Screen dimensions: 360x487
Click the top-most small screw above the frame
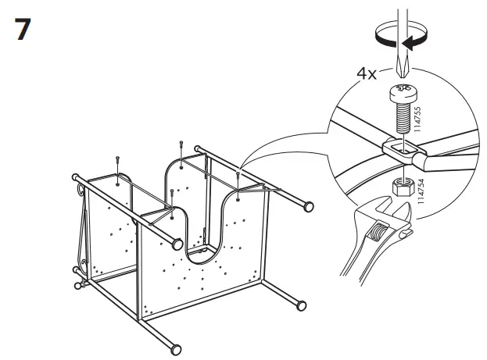tap(181, 146)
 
